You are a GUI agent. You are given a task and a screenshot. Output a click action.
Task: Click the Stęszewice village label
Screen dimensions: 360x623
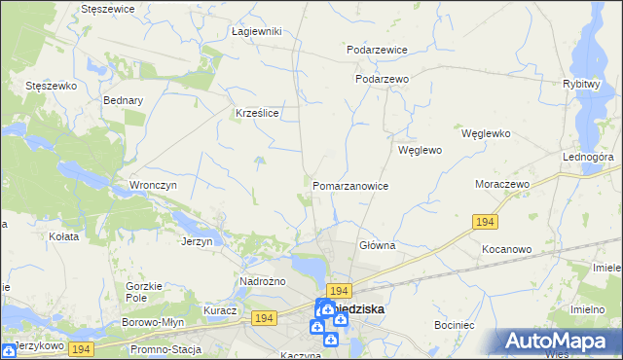point(107,8)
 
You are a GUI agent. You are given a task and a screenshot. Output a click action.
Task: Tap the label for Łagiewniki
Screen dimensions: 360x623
point(257,31)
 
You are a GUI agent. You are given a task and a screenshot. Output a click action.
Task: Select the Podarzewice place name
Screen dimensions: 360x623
point(377,50)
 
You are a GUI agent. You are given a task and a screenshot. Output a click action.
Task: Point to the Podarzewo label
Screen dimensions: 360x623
point(382,79)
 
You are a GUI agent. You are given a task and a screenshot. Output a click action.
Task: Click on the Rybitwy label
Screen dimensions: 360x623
point(580,84)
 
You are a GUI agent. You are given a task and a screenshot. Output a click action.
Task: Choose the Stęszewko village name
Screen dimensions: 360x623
point(52,86)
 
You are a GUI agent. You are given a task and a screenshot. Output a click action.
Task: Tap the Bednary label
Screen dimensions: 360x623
point(123,100)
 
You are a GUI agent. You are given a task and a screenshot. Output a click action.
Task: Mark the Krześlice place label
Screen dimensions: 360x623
point(258,113)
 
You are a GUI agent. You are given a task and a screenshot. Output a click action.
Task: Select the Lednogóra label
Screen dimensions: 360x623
point(587,157)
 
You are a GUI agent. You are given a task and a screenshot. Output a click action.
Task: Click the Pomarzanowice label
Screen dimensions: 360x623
point(351,185)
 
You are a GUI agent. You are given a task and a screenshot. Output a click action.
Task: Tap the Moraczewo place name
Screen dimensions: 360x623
point(501,184)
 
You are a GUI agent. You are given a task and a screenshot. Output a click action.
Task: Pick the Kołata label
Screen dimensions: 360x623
point(63,235)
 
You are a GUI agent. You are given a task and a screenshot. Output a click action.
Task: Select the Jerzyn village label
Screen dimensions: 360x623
point(197,241)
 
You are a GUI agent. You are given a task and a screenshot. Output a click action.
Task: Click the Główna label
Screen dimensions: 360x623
point(377,246)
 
